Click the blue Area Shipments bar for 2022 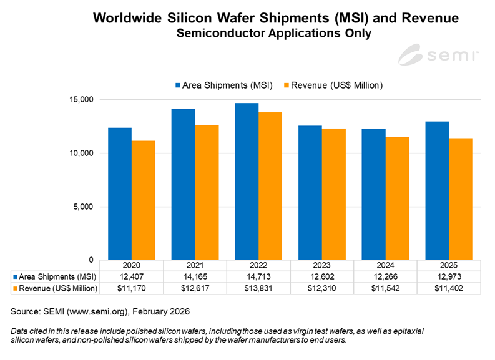247,181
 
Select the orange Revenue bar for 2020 144,200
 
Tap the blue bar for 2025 437,190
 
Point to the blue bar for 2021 183,184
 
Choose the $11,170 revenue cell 132,288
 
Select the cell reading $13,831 258,288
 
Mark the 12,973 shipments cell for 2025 448,276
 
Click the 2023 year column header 321,265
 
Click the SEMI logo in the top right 438,55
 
